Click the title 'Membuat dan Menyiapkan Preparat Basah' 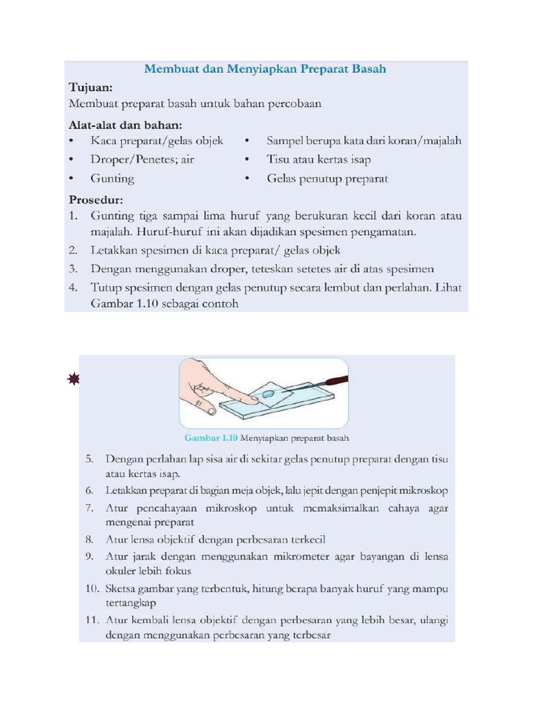[264, 69]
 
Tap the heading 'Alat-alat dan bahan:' [126, 126]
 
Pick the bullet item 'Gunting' [112, 178]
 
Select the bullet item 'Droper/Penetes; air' [142, 160]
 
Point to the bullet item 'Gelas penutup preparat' [327, 178]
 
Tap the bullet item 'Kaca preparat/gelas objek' [157, 141]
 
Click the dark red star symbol [74, 378]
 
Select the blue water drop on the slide [268, 394]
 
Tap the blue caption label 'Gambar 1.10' [211, 438]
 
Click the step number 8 [90, 539]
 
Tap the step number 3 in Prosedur [73, 268]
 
